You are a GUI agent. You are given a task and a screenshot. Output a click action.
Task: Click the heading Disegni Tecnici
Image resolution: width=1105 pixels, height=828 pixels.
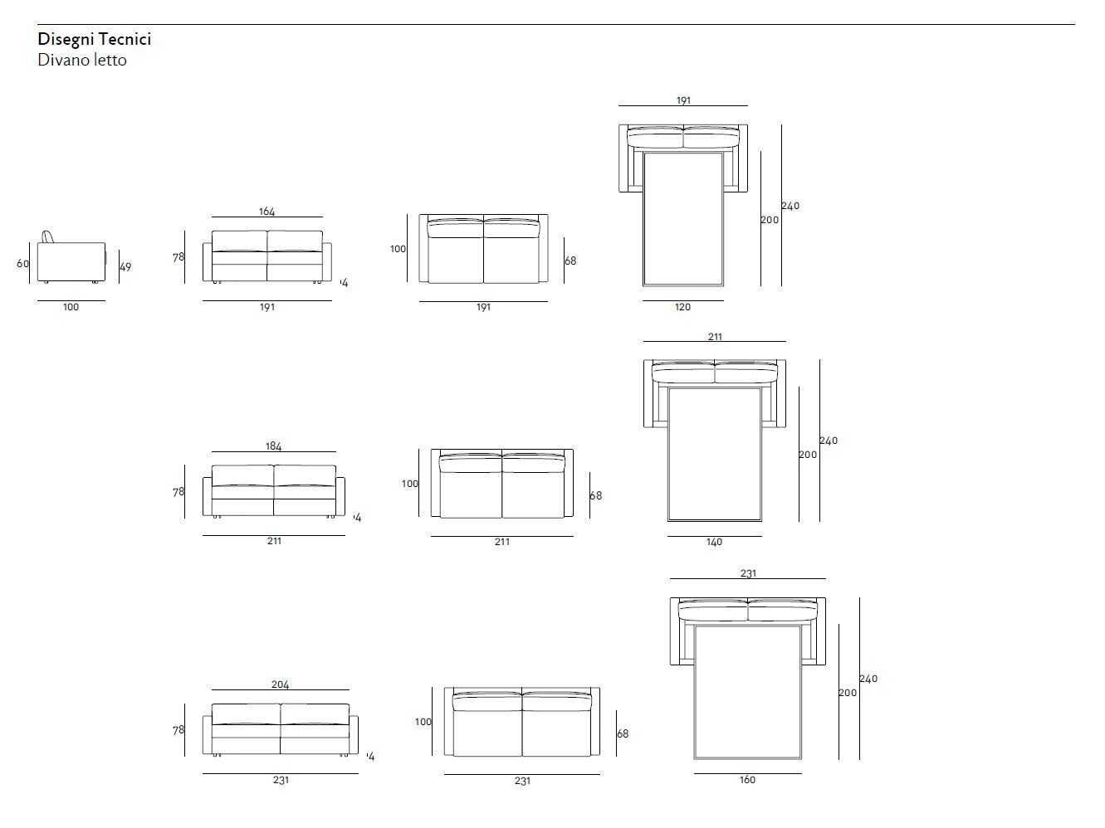94,39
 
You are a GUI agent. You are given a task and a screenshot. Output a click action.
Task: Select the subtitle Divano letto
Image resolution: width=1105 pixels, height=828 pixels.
82,60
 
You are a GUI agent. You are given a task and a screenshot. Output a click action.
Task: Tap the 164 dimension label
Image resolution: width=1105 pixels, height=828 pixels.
266,212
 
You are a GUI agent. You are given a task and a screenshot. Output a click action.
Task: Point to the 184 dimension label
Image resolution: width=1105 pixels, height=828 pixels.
273,446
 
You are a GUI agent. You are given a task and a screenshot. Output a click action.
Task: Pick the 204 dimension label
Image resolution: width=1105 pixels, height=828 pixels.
280,684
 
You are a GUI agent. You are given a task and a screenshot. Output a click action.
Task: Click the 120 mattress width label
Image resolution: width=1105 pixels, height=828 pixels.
682,307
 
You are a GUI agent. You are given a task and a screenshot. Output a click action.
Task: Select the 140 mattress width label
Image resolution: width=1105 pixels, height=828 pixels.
714,542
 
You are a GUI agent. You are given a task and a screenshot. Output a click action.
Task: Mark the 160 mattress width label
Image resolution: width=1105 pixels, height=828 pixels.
747,780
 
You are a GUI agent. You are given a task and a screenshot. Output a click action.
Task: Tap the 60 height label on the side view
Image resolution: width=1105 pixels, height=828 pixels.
22,264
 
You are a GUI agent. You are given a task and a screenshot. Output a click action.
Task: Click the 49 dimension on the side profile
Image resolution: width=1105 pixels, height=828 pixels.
125,267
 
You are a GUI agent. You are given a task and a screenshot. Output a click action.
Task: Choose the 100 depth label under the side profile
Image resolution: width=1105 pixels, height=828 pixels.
71,307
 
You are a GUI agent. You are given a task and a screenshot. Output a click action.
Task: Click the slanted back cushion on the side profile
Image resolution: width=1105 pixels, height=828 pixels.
50,236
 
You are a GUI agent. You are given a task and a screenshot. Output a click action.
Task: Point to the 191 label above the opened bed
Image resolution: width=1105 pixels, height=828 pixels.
682,100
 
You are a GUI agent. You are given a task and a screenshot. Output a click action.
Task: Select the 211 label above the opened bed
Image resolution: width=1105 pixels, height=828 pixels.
715,337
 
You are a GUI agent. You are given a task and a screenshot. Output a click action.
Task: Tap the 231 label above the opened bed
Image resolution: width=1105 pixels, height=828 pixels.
747,573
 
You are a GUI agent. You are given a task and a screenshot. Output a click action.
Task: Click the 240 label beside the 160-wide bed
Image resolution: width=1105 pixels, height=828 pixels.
868,679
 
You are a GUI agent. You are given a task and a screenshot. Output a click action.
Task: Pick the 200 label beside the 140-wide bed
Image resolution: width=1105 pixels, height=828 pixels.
808,455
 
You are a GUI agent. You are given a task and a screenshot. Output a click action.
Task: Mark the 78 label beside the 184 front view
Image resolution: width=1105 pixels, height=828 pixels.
178,492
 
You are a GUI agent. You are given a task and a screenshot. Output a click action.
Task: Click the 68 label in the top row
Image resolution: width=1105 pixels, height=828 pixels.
570,261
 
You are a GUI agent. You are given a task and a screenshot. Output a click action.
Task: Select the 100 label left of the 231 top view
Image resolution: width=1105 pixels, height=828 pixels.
423,722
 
